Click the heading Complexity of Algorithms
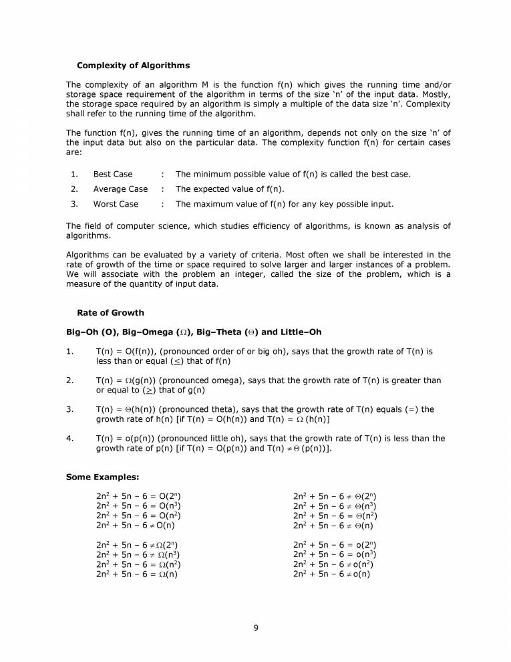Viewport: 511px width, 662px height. (133, 66)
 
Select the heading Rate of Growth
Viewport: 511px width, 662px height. (110, 313)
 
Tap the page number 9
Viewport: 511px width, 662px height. (256, 627)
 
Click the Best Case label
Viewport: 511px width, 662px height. (113, 175)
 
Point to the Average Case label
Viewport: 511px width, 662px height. (120, 189)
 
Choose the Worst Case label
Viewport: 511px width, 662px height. (116, 204)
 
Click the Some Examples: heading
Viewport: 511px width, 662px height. (102, 477)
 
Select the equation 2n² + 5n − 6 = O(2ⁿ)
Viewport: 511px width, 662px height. (139, 497)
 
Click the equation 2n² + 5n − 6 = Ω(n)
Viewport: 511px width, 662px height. (137, 574)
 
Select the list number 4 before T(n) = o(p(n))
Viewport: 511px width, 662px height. (69, 439)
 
